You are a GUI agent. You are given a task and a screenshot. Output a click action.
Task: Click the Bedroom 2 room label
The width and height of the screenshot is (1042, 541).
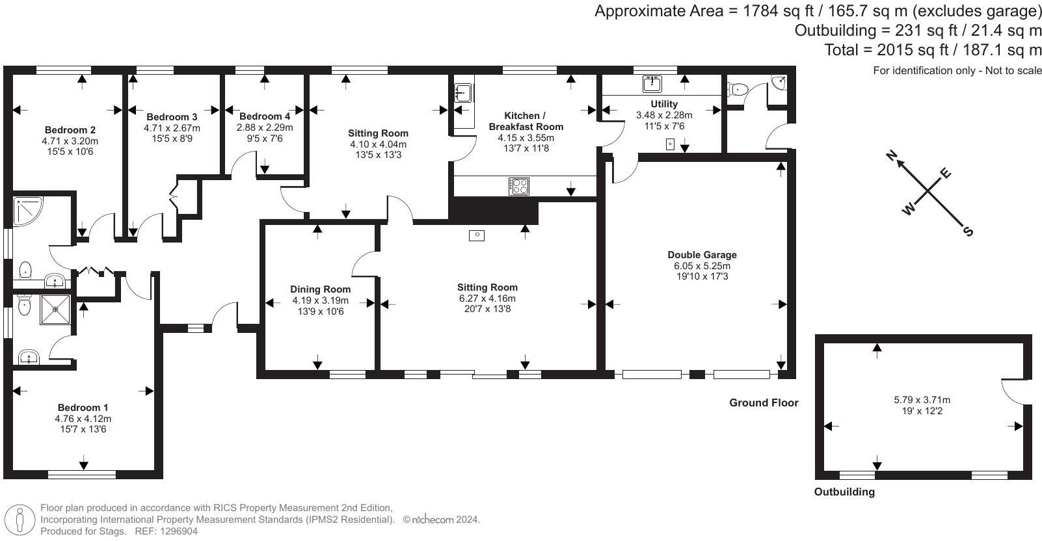70,129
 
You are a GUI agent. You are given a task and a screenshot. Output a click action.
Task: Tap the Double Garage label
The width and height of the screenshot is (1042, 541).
702,255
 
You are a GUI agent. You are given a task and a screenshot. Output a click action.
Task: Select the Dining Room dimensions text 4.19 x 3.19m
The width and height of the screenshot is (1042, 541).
320,300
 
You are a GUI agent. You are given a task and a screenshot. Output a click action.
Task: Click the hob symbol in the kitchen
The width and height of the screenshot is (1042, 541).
518,186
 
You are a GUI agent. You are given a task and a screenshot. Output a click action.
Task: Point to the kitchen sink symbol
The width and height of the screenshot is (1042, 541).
462,92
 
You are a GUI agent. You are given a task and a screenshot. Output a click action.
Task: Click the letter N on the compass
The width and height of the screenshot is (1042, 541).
892,155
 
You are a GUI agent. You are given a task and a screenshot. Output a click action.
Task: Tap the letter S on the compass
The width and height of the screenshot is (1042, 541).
968,231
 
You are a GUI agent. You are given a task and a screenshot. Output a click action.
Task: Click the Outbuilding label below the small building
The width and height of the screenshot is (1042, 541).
844,492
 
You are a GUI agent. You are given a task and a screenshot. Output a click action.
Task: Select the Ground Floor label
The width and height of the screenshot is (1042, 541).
763,402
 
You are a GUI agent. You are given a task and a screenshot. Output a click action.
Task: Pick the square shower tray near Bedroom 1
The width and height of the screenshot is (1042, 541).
55,309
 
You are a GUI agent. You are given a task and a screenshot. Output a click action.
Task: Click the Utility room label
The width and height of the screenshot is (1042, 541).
663,104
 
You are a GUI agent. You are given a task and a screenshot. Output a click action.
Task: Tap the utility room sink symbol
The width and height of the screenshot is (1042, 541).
652,83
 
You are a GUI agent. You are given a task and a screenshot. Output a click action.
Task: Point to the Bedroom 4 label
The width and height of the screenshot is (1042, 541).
265,117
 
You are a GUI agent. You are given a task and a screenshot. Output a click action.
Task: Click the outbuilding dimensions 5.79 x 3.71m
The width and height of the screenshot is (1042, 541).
922,400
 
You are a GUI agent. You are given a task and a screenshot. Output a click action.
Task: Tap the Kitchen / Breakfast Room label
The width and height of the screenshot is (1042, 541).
526,121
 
